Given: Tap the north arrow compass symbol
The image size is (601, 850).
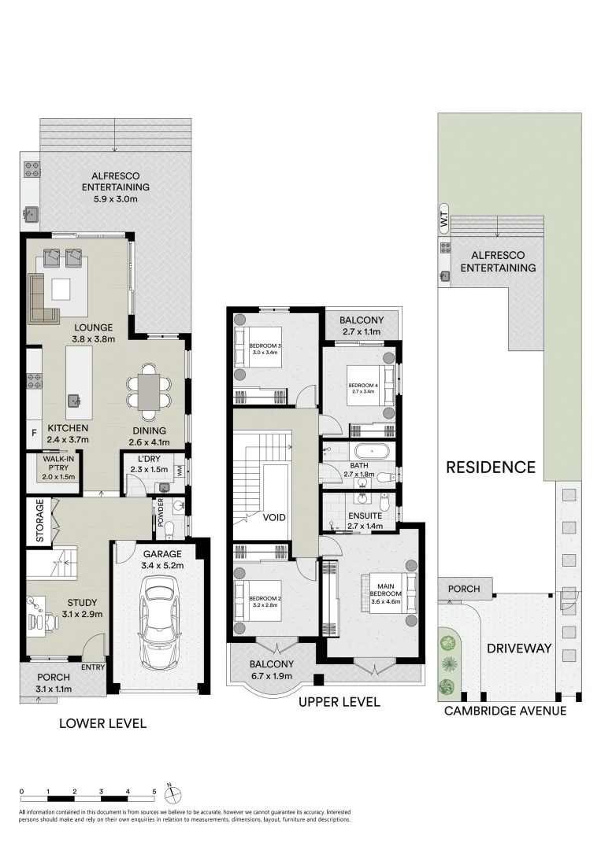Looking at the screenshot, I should (176, 792).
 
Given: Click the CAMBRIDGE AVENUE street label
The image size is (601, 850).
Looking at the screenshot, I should (505, 711).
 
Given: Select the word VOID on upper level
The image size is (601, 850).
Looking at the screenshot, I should (275, 517).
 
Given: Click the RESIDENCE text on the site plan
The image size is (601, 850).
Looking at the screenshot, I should (491, 467).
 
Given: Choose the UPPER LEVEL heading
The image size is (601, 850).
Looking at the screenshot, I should (340, 702).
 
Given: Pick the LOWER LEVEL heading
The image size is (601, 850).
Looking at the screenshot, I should (103, 722).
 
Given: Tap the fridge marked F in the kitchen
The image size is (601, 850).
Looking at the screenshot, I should (34, 432).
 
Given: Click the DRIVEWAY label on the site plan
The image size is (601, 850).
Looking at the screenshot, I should (518, 649).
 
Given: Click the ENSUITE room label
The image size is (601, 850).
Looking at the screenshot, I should (365, 516).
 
